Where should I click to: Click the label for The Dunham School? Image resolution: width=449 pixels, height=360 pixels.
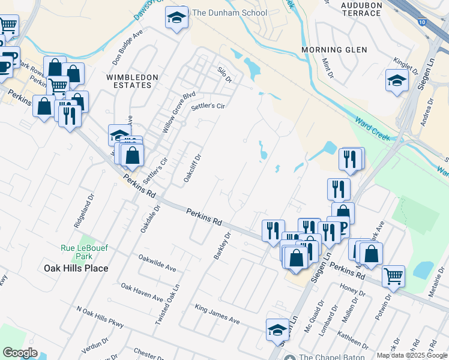pyautogui.click(x=229, y=13)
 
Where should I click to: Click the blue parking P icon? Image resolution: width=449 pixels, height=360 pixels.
pyautogui.click(x=343, y=226)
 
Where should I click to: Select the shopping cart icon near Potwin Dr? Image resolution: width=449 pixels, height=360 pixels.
pyautogui.click(x=394, y=275)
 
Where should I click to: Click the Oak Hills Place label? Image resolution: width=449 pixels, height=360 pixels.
pyautogui.click(x=76, y=268)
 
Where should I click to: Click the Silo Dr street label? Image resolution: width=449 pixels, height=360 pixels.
pyautogui.click(x=224, y=74)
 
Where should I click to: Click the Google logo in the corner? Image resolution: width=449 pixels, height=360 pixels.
pyautogui.click(x=20, y=353)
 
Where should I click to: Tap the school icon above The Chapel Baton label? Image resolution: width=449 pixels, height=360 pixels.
pyautogui.click(x=277, y=329)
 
